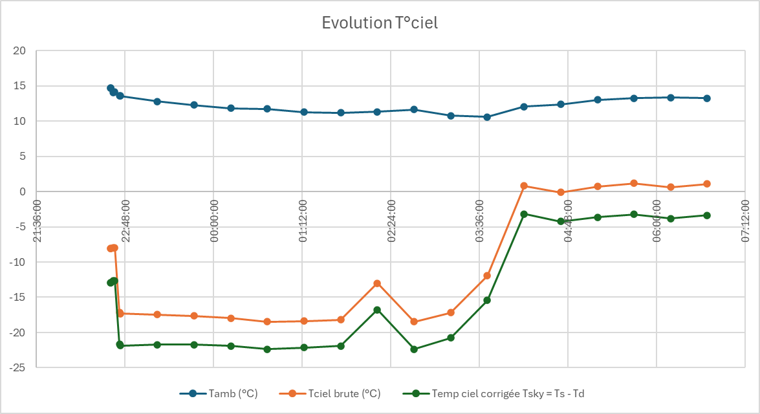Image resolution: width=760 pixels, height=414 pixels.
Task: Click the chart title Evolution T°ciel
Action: pyautogui.click(x=380, y=23)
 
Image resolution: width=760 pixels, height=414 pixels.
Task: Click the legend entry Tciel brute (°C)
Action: pyautogui.click(x=344, y=393)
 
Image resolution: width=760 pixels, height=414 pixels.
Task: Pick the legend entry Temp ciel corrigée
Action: pyautogui.click(x=508, y=393)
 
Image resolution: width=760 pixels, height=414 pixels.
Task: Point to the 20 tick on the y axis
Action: pyautogui.click(x=19, y=51)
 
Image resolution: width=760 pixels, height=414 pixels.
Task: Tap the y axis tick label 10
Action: pyautogui.click(x=19, y=122)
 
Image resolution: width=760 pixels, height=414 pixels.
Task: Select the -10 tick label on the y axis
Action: pyautogui.click(x=17, y=262)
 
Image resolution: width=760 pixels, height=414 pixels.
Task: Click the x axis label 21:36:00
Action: pyautogui.click(x=38, y=220)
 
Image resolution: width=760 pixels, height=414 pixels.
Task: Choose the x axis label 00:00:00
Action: pyautogui.click(x=214, y=220)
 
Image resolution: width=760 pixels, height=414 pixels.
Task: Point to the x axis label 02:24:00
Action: pyautogui.click(x=391, y=220)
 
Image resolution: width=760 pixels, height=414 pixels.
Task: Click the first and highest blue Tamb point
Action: pyautogui.click(x=111, y=88)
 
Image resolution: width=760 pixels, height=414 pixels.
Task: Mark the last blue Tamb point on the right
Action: pyautogui.click(x=707, y=98)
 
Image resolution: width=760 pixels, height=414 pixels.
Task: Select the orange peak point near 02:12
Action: pyautogui.click(x=377, y=283)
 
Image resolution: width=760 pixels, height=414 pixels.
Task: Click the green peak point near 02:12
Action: pyautogui.click(x=377, y=310)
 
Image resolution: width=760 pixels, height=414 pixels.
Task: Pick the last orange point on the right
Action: pyautogui.click(x=707, y=184)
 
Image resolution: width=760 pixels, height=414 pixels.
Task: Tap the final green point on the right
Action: pyautogui.click(x=707, y=215)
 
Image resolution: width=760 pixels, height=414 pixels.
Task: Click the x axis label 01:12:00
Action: pyautogui.click(x=303, y=220)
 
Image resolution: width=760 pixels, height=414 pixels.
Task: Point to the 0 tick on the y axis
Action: pyautogui.click(x=22, y=192)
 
